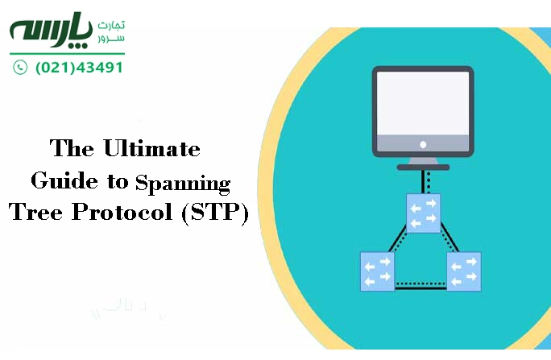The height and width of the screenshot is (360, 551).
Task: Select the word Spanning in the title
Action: [x=183, y=183]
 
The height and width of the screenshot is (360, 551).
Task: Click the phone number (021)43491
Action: [x=79, y=68]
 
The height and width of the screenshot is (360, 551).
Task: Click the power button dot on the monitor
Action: [x=423, y=145]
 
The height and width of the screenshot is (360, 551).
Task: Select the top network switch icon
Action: [x=423, y=213]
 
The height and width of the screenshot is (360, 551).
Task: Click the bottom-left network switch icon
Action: [x=377, y=271]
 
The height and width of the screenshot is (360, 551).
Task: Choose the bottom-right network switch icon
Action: [x=463, y=271]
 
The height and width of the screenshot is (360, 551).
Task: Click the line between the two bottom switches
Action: [x=420, y=284]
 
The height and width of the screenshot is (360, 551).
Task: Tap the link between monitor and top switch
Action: [x=423, y=181]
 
